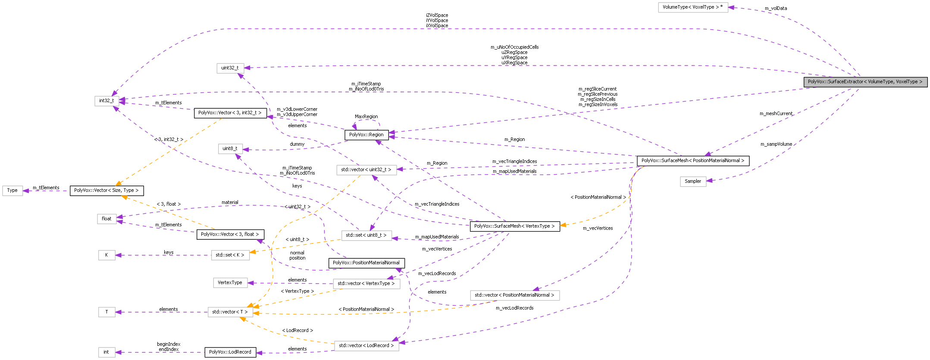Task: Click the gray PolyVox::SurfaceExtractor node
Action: (x=865, y=82)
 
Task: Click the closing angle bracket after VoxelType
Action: (x=921, y=82)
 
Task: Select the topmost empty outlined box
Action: (x=693, y=8)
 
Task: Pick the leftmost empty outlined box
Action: (x=13, y=191)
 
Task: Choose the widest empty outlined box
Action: (x=515, y=295)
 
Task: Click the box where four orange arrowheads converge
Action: (x=231, y=312)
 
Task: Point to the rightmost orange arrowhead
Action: (x=563, y=225)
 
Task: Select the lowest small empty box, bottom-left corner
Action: (x=107, y=352)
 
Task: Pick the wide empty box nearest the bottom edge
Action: (x=366, y=346)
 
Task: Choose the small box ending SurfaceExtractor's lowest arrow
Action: (x=693, y=182)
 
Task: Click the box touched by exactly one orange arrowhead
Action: (x=231, y=255)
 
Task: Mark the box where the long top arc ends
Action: (x=107, y=101)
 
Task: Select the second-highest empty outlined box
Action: (x=230, y=68)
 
